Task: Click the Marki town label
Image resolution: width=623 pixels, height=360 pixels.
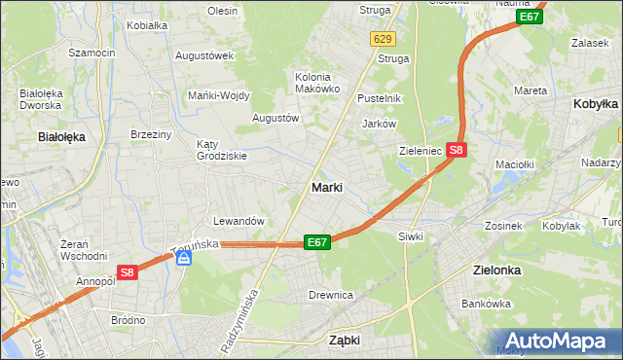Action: click(326, 187)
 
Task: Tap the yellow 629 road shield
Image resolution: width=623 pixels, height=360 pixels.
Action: click(383, 38)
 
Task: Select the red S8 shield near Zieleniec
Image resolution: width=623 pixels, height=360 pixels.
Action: click(458, 150)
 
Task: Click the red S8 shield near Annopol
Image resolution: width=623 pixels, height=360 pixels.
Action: click(127, 273)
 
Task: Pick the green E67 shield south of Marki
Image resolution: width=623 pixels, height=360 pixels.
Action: click(317, 242)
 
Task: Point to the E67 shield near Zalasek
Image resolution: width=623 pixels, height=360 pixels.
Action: click(530, 17)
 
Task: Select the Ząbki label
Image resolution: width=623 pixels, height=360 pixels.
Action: click(345, 341)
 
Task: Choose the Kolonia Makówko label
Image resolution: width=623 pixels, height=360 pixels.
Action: click(317, 83)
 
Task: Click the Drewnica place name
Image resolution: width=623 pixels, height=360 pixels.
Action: click(331, 294)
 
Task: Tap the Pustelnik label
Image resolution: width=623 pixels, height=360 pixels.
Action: click(380, 98)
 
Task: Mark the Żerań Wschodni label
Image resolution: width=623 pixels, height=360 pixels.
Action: click(83, 250)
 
